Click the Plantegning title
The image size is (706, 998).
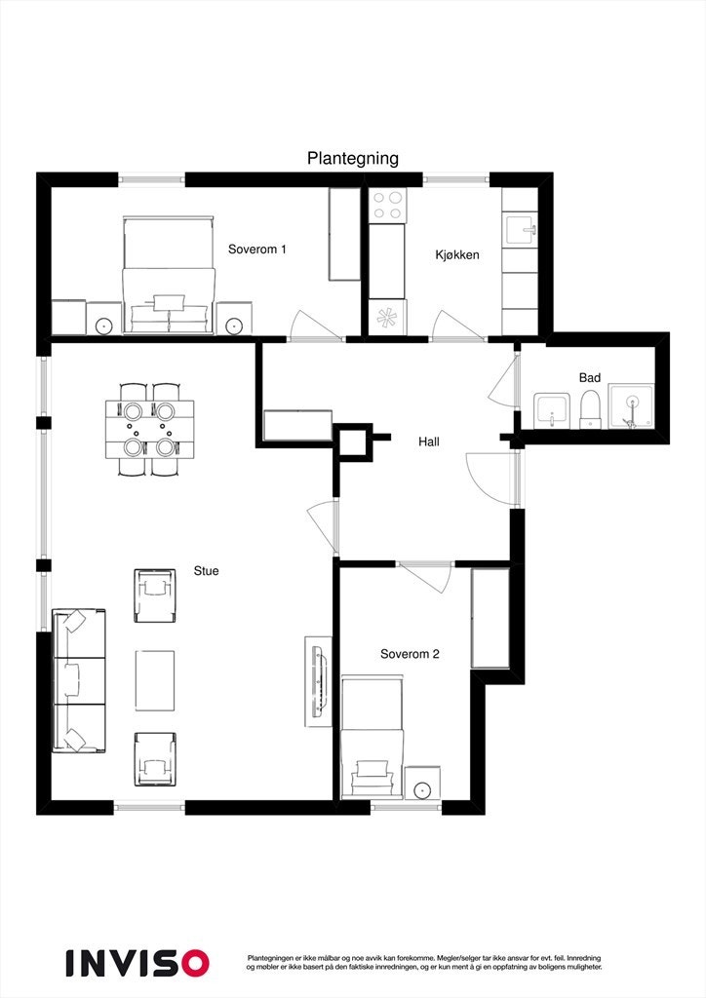tap(353, 159)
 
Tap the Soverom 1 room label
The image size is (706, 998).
tap(257, 249)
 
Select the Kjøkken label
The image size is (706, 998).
tap(456, 255)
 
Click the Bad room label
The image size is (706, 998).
tap(590, 377)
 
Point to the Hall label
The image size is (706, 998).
tap(429, 441)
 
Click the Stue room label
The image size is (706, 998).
tap(206, 571)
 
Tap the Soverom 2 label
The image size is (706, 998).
tap(410, 654)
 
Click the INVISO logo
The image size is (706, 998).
tap(137, 962)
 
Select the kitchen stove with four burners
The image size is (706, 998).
tap(387, 206)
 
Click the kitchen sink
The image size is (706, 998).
tap(521, 230)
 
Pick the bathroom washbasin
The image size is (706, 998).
tap(552, 410)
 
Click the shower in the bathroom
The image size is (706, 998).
tap(633, 406)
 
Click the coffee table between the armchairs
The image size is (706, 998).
tap(155, 679)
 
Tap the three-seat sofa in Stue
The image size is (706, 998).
tap(78, 680)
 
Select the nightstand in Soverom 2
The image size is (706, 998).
tap(422, 784)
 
